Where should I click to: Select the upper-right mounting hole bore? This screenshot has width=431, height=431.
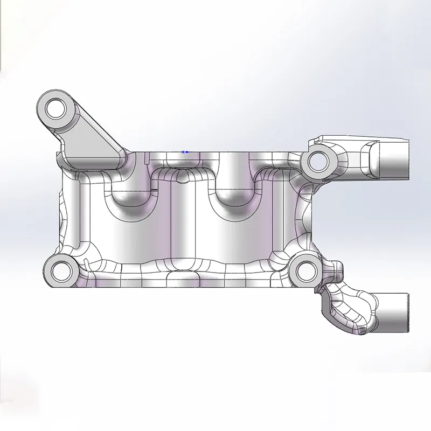coord(317,160)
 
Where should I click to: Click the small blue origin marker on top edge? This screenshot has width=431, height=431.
coord(184,152)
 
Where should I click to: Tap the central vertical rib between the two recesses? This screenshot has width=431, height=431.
coord(183,226)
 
